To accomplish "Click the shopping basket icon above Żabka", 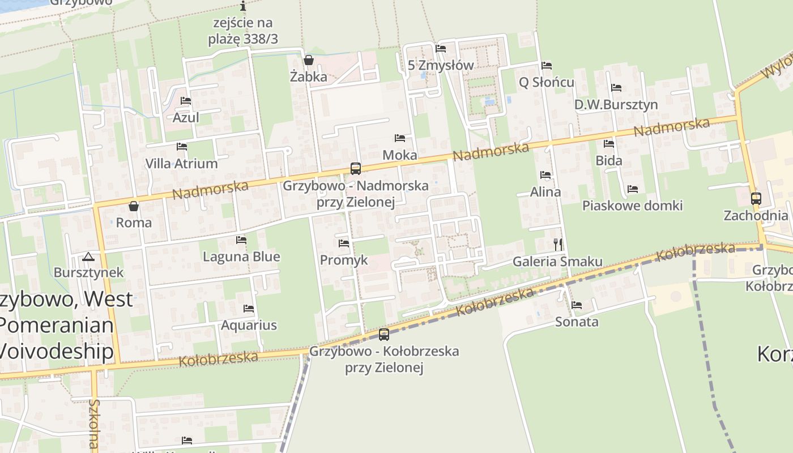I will coord(309,59).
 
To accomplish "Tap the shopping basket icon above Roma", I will coord(134,206).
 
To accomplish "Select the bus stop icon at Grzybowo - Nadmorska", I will coord(356,168).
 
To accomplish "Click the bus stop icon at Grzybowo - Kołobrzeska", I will coord(384,334).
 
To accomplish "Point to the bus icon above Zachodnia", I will coord(756,198).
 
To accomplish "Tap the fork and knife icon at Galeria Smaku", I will coord(558,244).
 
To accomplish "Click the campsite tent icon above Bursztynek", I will coord(88,257).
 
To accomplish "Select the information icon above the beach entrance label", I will coord(244,6).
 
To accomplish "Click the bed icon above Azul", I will coord(186,101).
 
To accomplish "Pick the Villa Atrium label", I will coord(181,164).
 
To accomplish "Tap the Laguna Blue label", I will coord(241,257).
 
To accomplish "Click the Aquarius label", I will coord(249,325).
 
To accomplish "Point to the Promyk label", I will coord(344,260).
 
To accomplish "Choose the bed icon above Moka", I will coord(400,138).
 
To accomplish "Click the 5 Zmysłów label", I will coord(441,65).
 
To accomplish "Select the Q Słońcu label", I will coord(547,82).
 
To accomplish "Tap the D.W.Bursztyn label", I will coord(616,105).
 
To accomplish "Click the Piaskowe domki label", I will coord(632,206).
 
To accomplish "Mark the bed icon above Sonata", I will coord(577,305).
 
